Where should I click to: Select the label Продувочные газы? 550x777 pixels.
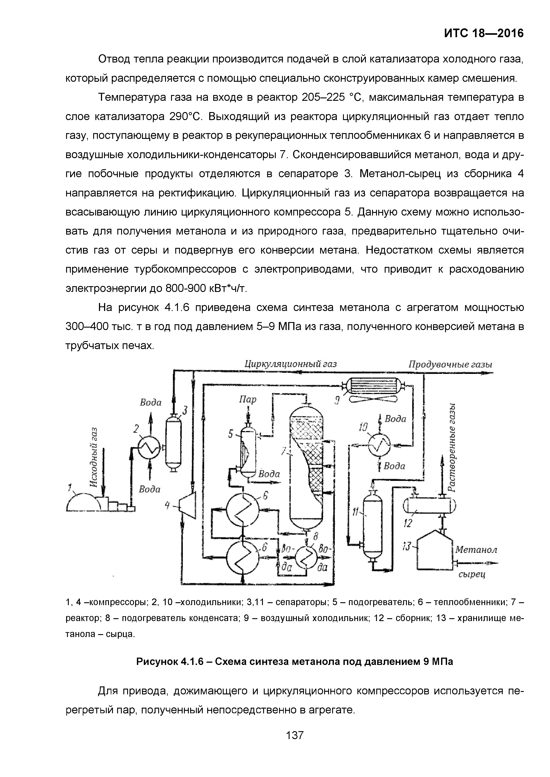[x=450, y=365]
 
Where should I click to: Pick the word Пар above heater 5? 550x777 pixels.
[x=248, y=399]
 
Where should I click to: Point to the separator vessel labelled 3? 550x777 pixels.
[x=173, y=442]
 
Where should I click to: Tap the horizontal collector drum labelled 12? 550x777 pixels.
[x=429, y=506]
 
